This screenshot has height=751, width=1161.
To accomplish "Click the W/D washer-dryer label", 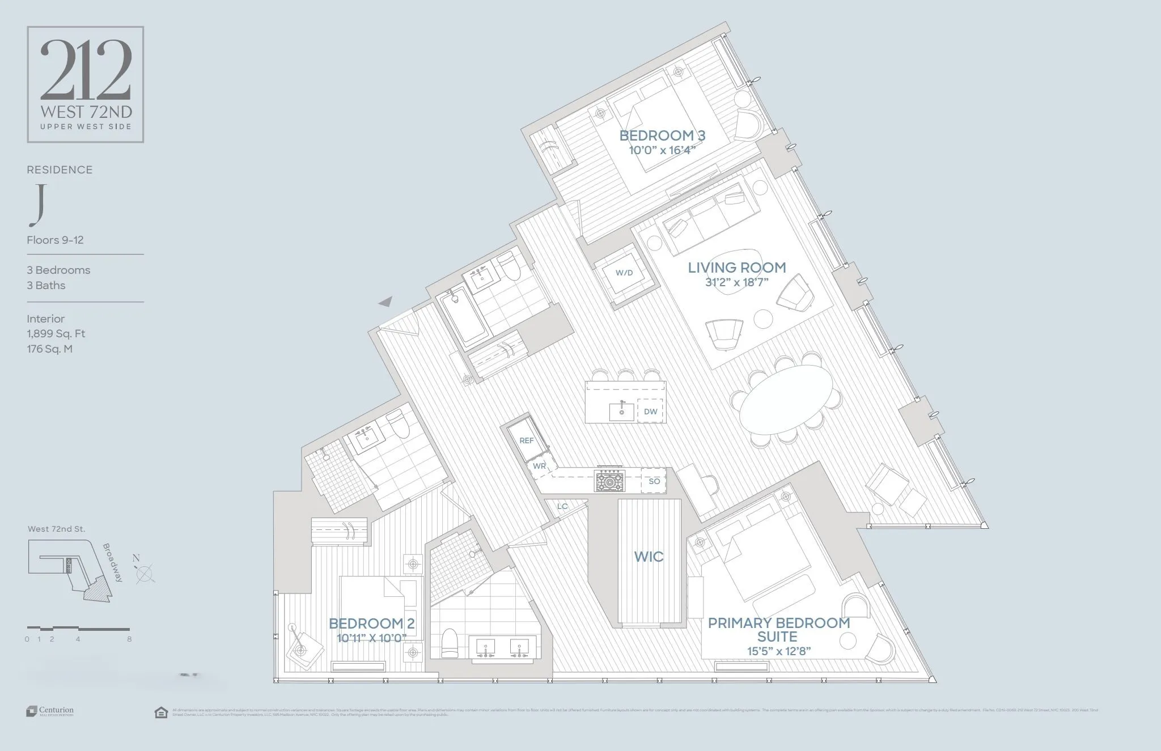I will [624, 273].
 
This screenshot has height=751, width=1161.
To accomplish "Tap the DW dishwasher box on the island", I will [650, 411].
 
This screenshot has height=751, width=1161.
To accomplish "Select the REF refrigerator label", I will [527, 440].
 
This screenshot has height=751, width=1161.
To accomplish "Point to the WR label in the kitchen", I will [539, 466].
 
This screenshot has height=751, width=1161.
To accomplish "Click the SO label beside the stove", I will [654, 481].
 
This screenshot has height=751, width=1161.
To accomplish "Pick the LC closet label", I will [562, 506].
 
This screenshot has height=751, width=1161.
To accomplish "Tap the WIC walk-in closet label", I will [649, 557].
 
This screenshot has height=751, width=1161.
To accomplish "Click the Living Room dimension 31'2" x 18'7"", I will [736, 282].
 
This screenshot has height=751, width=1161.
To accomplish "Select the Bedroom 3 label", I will [662, 135].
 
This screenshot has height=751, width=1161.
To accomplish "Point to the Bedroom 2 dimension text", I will [371, 638].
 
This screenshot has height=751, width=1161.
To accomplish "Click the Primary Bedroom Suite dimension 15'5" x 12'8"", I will [778, 651].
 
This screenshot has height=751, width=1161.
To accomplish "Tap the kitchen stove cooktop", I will [609, 482].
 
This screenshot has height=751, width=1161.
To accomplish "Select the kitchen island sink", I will [622, 411].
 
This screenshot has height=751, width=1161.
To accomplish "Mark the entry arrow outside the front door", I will [385, 302].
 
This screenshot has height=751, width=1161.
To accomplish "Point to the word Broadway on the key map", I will [113, 563].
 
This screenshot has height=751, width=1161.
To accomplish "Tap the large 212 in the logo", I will [86, 70].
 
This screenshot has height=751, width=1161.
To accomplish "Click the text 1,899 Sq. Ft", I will [56, 334].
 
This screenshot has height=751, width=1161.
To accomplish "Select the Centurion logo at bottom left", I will [50, 711].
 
